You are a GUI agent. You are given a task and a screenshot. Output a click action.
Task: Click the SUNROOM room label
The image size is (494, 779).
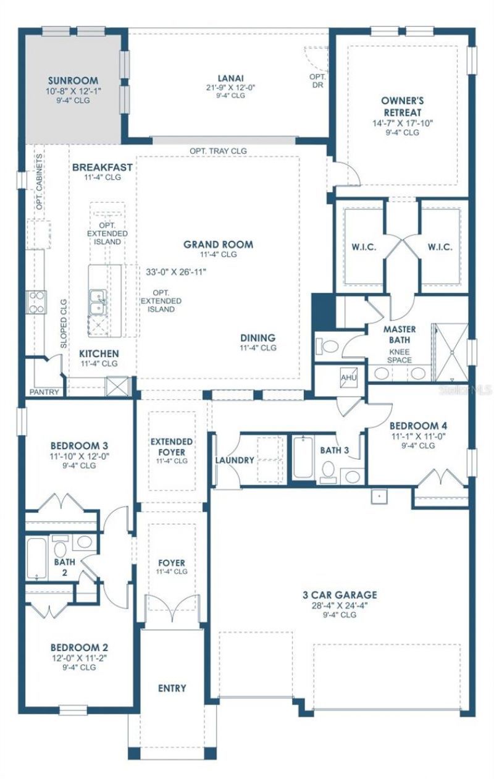point(73,80)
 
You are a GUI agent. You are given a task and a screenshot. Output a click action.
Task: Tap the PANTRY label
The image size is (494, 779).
point(44,392)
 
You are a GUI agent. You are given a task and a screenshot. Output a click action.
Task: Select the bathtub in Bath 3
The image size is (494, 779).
point(303,458)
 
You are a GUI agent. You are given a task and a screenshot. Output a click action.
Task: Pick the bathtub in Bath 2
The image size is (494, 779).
point(37,558)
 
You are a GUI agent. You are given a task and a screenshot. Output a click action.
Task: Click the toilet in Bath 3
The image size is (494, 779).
point(329,471)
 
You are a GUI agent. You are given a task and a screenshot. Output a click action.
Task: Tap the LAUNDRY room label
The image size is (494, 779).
point(235,460)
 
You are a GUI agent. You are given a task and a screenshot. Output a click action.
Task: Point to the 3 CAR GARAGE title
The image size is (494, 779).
point(340,595)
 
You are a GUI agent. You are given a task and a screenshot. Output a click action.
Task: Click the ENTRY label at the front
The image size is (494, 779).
point(172,688)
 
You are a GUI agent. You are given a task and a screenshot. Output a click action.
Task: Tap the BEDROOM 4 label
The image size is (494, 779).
point(418,426)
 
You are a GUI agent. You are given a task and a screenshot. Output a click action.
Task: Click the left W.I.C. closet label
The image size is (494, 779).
point(361,246)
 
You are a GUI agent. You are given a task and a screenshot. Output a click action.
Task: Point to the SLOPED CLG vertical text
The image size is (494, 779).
point(64,325)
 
